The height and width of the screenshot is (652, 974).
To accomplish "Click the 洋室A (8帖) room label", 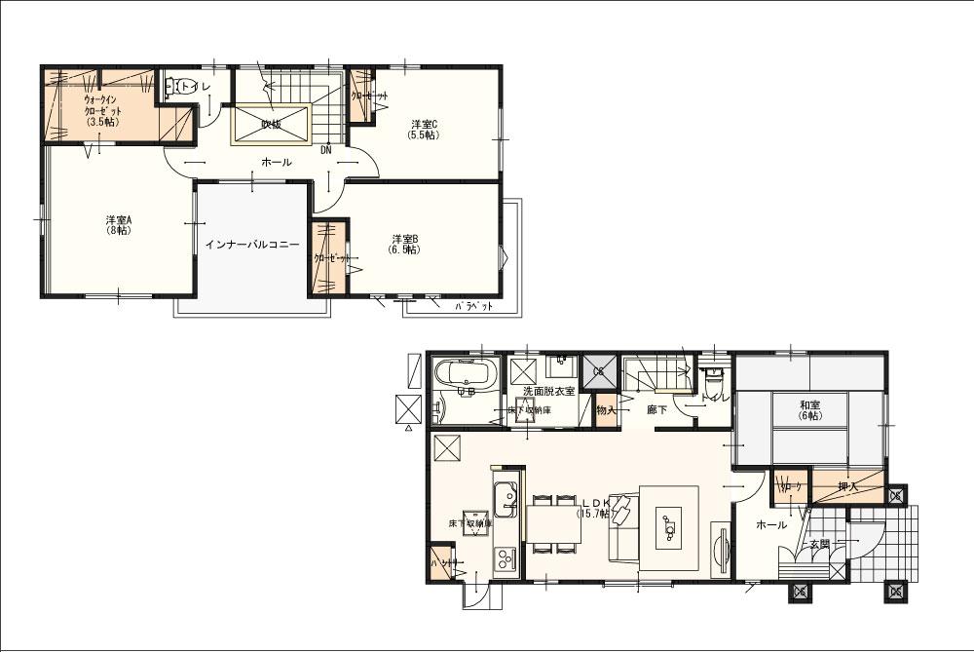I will [119, 226].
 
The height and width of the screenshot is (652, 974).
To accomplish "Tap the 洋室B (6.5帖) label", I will [405, 244].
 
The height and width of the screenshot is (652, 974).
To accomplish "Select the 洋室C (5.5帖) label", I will [424, 129].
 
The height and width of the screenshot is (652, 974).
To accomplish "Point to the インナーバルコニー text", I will [252, 244].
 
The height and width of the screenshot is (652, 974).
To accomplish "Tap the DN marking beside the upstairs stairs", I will [326, 150].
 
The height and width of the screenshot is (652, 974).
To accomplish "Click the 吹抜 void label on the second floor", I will [271, 124].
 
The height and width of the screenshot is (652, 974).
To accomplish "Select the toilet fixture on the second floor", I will [173, 88].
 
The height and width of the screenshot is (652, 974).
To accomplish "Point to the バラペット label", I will [474, 306].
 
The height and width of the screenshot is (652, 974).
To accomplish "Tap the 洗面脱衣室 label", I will [549, 391].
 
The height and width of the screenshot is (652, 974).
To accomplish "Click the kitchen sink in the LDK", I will [506, 501].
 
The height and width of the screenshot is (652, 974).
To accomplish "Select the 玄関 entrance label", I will [819, 544].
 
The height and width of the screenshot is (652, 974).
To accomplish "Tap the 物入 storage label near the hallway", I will [606, 410].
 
